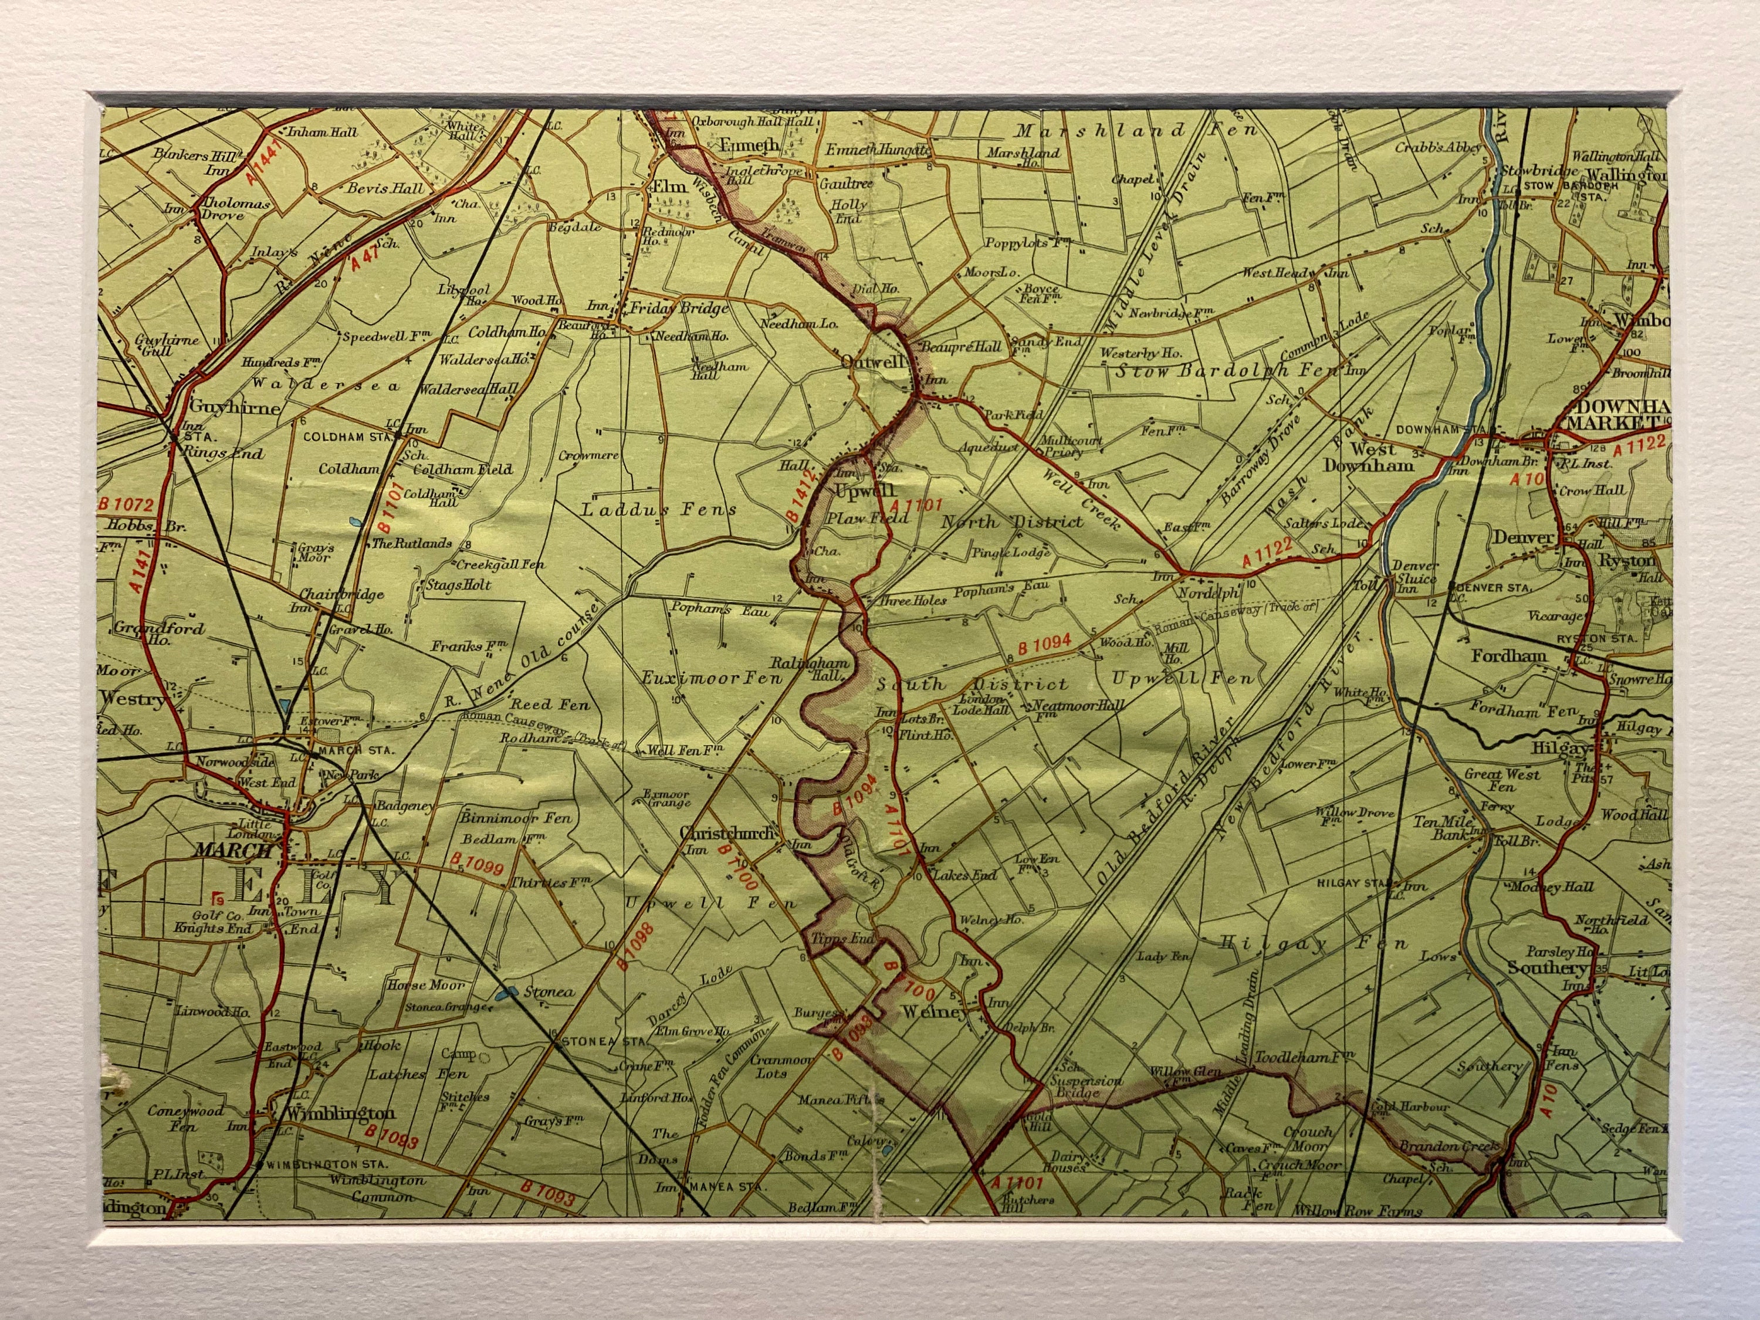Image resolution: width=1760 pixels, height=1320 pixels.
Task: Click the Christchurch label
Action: click(727, 833)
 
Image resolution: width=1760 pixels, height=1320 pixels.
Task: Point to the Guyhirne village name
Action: click(235, 408)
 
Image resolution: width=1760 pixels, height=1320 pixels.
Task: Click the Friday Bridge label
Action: click(679, 308)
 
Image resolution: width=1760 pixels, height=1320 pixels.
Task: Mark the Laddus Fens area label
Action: click(659, 509)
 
